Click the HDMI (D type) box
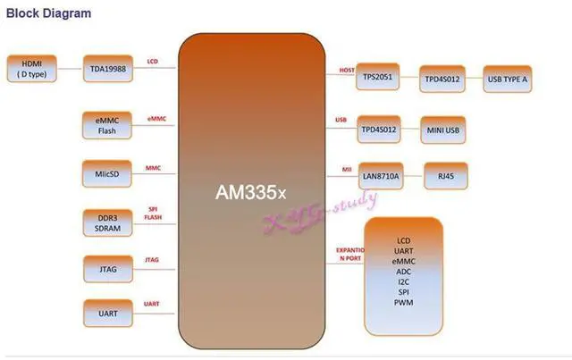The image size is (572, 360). [x=31, y=68]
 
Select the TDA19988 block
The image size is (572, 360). [x=108, y=68]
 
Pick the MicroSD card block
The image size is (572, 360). [x=107, y=172]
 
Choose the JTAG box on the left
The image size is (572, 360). [x=107, y=266]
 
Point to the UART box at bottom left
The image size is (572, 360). [x=107, y=314]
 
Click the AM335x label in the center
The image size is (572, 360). [x=249, y=192]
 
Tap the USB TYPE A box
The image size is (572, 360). [x=507, y=78]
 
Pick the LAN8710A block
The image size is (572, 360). [x=381, y=177]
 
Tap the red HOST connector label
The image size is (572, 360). [x=347, y=70]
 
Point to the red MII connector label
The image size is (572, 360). [x=347, y=168]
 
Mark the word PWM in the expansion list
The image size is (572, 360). [x=404, y=303]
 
